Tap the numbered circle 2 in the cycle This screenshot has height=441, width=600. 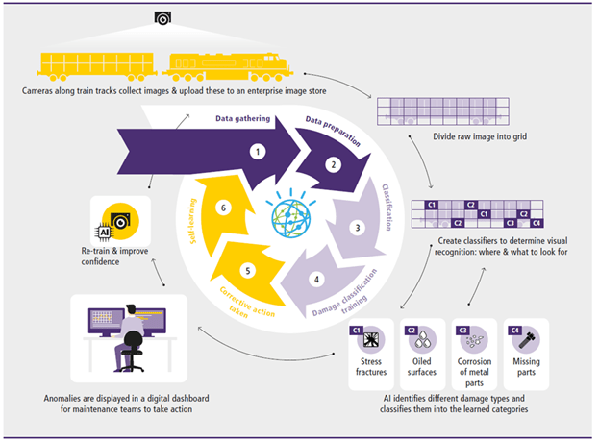click(331, 164)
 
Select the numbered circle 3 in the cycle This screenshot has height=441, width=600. click(357, 229)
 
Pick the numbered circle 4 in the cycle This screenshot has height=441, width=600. click(316, 281)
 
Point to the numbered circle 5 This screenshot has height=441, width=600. click(248, 271)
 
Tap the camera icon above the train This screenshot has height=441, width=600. click(162, 18)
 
